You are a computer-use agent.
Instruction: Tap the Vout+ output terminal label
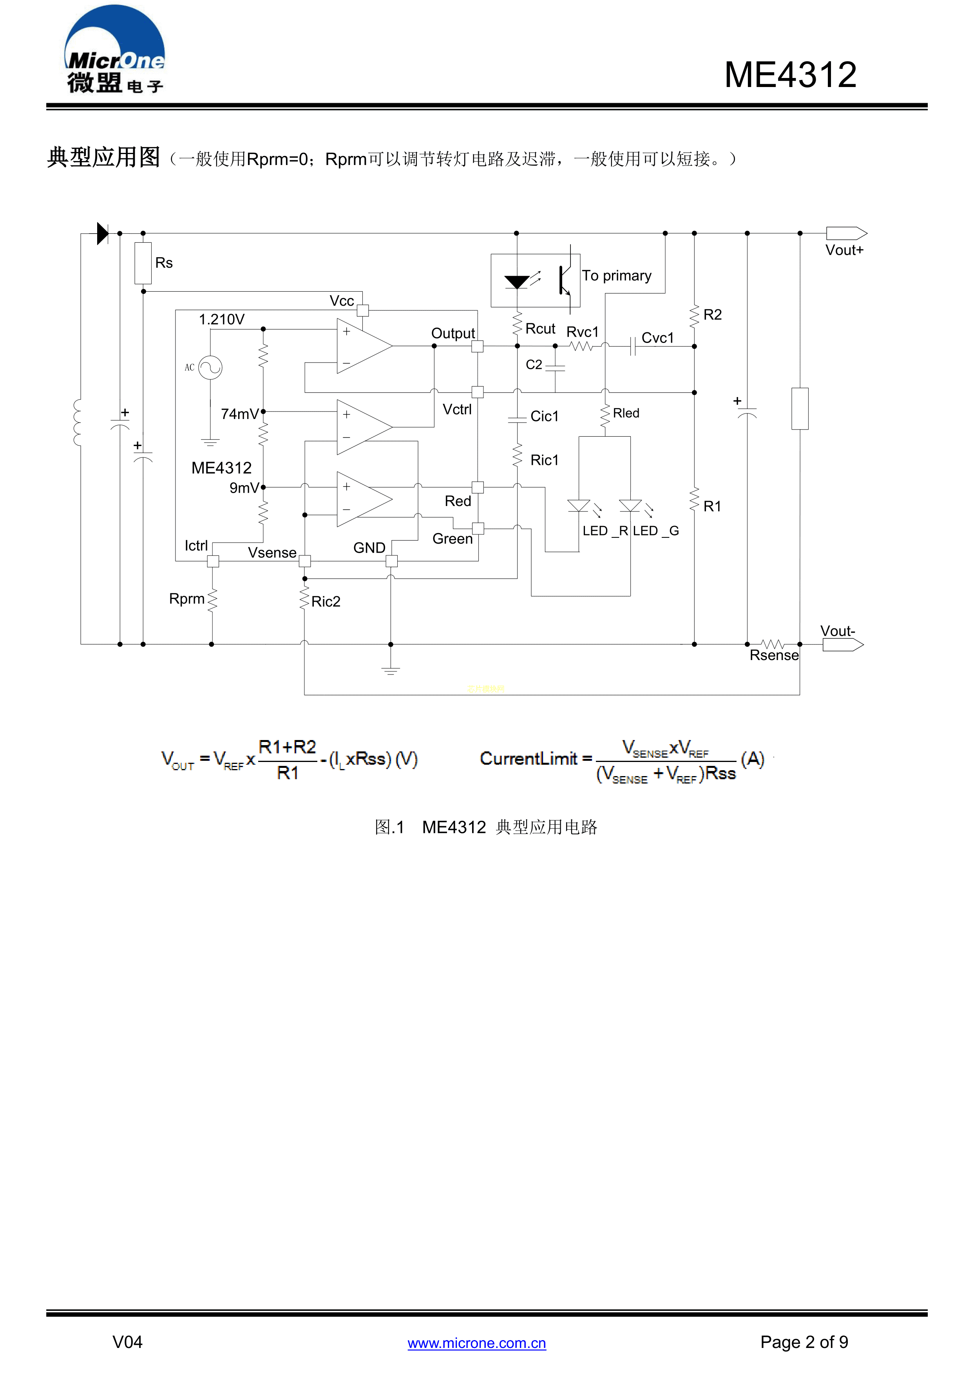[x=844, y=250]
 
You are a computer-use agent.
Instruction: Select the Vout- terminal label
[x=837, y=631]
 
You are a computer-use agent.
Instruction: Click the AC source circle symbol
[x=210, y=367]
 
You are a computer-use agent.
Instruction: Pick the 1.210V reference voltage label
[x=221, y=319]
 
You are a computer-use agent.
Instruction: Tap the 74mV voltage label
[x=239, y=414]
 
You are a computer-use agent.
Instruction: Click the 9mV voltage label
[x=244, y=488]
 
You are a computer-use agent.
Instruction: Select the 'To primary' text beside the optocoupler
[x=617, y=276]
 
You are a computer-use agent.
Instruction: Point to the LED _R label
[x=605, y=531]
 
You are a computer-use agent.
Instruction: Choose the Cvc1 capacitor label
[x=657, y=338]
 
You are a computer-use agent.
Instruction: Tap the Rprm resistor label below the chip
[x=187, y=599]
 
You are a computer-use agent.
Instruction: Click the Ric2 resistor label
[x=326, y=601]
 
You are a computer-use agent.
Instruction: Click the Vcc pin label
[x=342, y=301]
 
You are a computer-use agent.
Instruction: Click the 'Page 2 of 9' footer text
[x=804, y=1342]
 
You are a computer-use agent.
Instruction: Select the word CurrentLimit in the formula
[x=529, y=759]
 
